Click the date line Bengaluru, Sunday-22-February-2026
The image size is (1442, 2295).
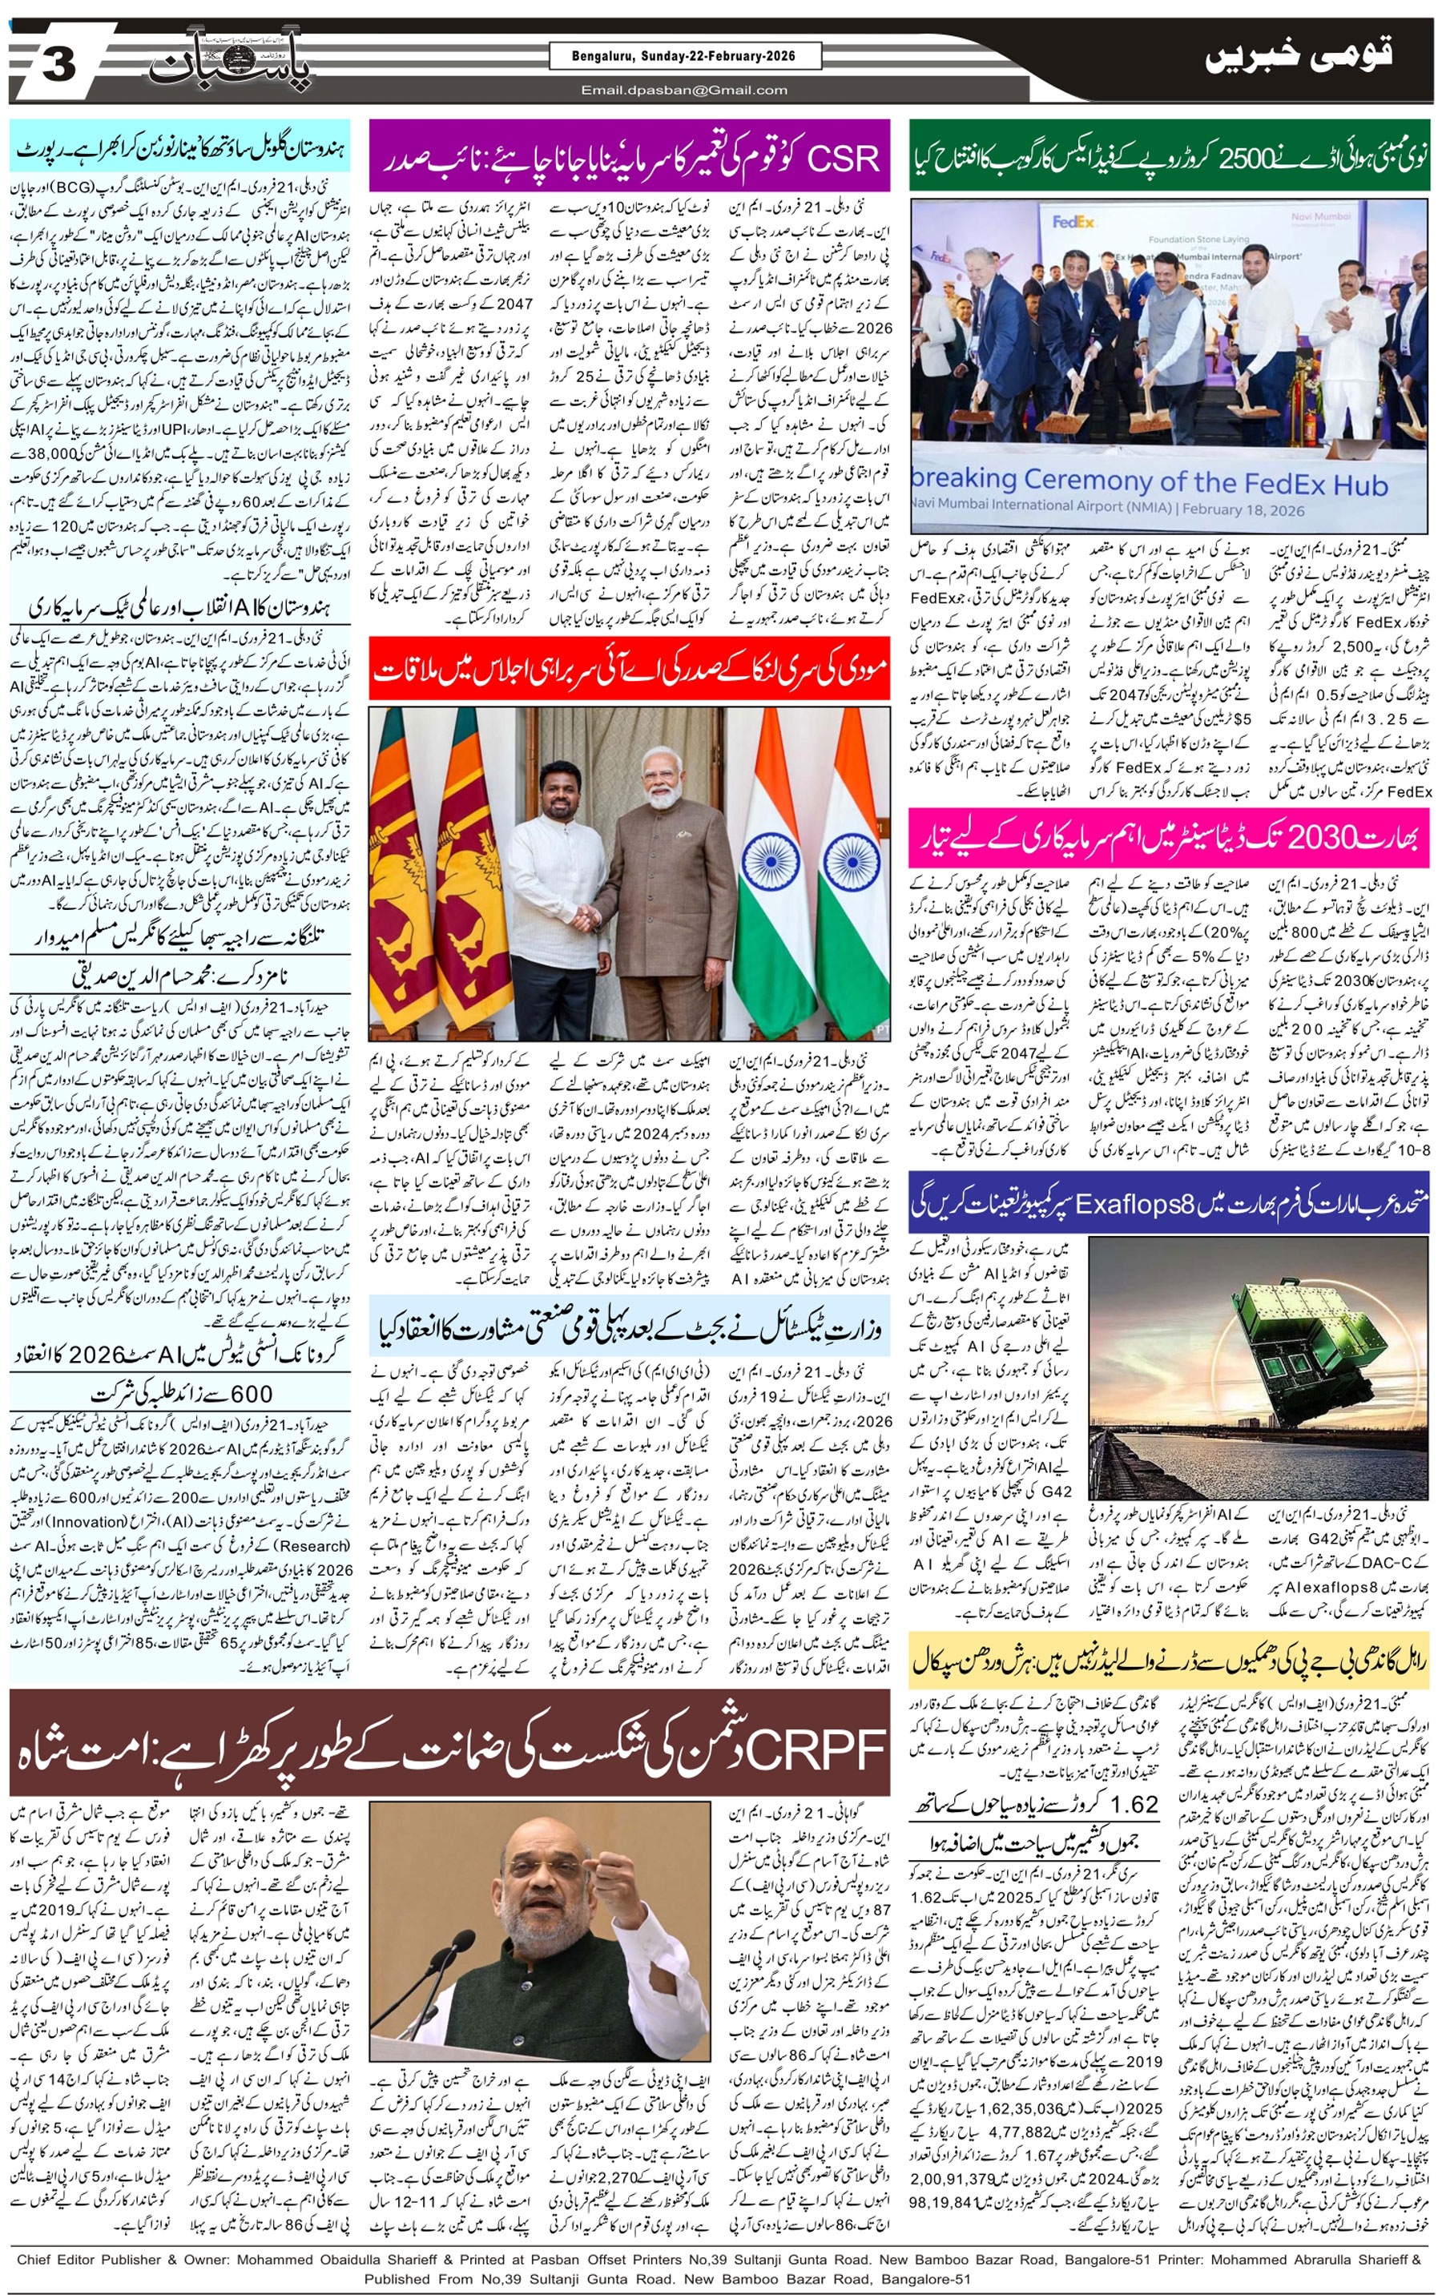(x=684, y=57)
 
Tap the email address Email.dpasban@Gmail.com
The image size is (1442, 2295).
(x=684, y=91)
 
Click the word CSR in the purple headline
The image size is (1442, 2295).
(x=843, y=159)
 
